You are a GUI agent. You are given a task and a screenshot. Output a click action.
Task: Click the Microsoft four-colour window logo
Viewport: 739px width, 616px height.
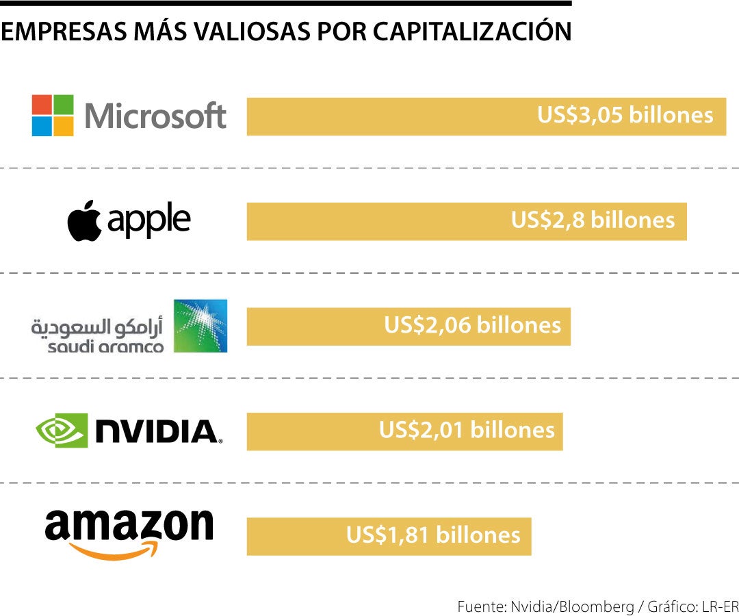pos(53,116)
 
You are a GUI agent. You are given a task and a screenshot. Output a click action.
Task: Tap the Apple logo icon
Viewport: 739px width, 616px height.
pos(84,220)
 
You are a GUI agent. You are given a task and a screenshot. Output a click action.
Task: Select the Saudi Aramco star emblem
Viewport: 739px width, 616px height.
pos(200,325)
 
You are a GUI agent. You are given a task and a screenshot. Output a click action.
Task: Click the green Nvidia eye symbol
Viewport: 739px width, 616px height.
pos(62,430)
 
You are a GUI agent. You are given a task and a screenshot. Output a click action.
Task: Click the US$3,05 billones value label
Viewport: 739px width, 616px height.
pos(625,115)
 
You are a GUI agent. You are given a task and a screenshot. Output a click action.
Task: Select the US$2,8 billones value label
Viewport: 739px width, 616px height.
pos(593,220)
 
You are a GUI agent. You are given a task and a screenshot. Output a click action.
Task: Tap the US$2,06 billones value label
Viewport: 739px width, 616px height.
pos(472,325)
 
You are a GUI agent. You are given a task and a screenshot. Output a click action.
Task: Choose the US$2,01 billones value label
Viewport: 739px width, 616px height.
pos(467,430)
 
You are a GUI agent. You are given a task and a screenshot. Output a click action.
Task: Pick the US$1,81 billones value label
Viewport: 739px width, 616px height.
pos(433,535)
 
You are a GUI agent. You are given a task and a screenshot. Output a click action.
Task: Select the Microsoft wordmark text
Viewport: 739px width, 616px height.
pos(155,116)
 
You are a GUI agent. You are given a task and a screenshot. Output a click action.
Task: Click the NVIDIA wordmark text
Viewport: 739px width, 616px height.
pos(155,431)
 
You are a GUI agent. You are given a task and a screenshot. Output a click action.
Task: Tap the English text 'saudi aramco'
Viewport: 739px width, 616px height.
pos(105,347)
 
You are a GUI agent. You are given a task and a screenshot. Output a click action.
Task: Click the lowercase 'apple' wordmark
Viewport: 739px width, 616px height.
pos(148,220)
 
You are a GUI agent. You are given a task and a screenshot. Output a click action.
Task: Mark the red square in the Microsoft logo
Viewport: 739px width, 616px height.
pos(42,105)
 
